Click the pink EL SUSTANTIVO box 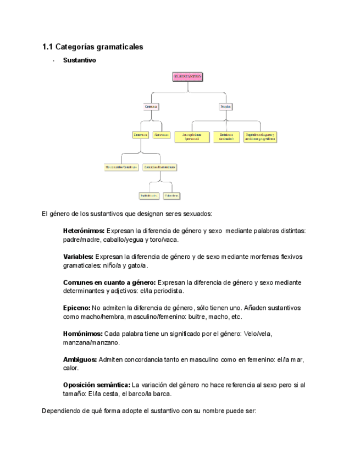187,77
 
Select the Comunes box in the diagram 151,106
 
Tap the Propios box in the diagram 225,106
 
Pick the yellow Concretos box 141,135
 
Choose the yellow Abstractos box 162,135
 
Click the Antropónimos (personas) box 191,137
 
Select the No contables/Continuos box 121,167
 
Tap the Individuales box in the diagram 149,195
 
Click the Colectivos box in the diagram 171,195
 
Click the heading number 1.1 47,47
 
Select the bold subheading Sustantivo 79,60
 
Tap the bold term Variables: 79,257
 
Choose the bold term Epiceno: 76,308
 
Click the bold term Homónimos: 82,334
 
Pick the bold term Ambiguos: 80,359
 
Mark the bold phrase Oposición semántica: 97,385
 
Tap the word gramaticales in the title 119,47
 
